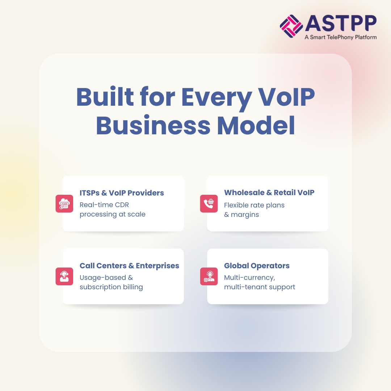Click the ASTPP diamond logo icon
click(291, 26)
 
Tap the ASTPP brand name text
click(340, 24)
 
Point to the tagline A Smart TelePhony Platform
click(340, 37)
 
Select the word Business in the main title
click(153, 125)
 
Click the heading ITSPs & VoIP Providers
click(122, 193)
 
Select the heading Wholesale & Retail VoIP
click(269, 193)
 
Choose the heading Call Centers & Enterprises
click(129, 266)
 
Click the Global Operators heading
click(257, 266)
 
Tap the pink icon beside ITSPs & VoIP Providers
click(64, 204)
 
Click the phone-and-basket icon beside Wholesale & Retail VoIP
click(209, 204)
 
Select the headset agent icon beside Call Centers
click(64, 276)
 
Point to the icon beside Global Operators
click(209, 276)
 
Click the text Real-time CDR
click(104, 205)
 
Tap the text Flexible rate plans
click(254, 205)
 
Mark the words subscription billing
click(111, 287)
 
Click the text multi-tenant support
click(260, 287)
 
